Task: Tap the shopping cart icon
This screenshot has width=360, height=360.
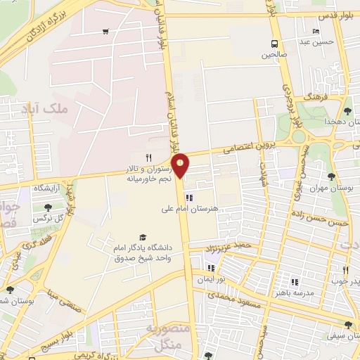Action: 105,32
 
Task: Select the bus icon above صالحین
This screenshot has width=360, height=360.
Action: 273,43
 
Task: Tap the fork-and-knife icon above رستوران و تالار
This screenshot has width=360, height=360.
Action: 148,157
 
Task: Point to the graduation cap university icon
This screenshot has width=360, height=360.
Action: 143,237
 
